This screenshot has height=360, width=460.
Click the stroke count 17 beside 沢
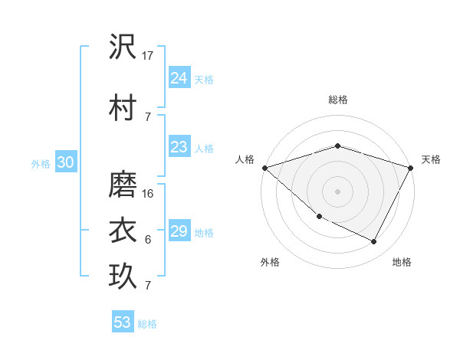coord(149,56)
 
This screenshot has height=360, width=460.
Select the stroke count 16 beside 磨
coord(149,193)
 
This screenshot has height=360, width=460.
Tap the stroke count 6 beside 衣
coord(148,240)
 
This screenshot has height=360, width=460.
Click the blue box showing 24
coord(179,77)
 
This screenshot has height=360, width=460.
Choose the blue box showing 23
coord(179,147)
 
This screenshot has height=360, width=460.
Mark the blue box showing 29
coord(179,231)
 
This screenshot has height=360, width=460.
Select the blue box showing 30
coord(65,162)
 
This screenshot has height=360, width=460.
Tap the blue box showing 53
coord(123,322)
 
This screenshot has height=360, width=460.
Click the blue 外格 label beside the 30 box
coord(41,163)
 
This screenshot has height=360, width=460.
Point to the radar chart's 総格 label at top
coord(337,100)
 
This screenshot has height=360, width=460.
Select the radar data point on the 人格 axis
coord(264,168)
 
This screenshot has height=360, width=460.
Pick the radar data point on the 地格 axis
coord(374,242)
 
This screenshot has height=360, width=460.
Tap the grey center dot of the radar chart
coord(337,191)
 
